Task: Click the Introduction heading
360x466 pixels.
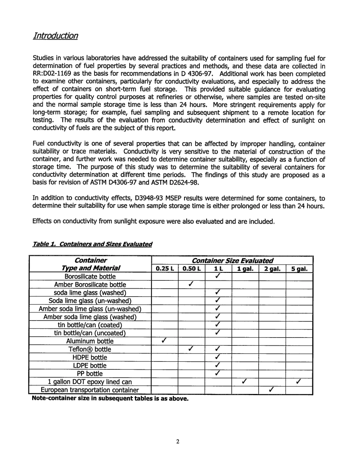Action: [x=55, y=36]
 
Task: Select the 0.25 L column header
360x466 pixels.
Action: [x=164, y=269]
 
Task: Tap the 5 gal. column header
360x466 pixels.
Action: [x=299, y=269]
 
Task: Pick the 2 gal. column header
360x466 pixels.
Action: [x=272, y=269]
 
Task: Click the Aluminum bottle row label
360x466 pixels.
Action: [x=90, y=341]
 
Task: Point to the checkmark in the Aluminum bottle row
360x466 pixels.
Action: [x=164, y=341]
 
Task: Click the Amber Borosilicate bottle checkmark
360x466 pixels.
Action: [x=191, y=284]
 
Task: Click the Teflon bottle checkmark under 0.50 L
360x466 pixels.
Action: [x=191, y=349]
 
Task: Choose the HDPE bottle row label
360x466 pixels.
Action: [x=90, y=357]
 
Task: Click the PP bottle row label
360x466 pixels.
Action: [x=90, y=374]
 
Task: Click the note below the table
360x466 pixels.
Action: [x=110, y=398]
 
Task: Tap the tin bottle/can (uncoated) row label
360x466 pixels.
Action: [x=90, y=333]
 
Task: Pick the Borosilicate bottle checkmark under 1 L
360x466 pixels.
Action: [x=218, y=276]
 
